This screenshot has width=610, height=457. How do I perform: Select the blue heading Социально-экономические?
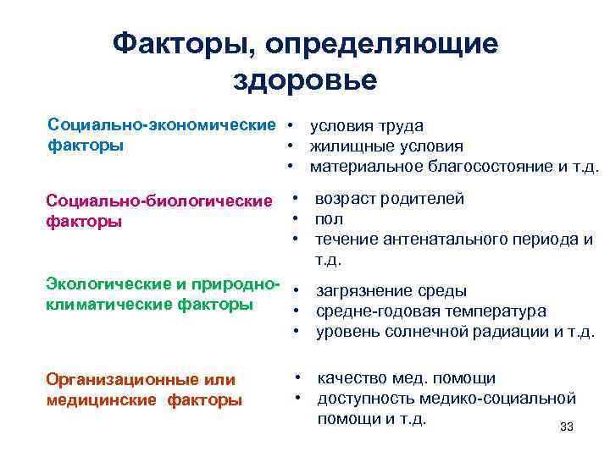coord(162,125)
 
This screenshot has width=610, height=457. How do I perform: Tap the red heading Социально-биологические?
coord(159,201)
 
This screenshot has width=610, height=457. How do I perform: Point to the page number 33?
coord(567,427)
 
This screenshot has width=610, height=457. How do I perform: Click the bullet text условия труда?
coord(366,126)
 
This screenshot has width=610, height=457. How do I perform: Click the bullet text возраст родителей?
coord(389,200)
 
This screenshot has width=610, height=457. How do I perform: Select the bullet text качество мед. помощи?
coord(406,378)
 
